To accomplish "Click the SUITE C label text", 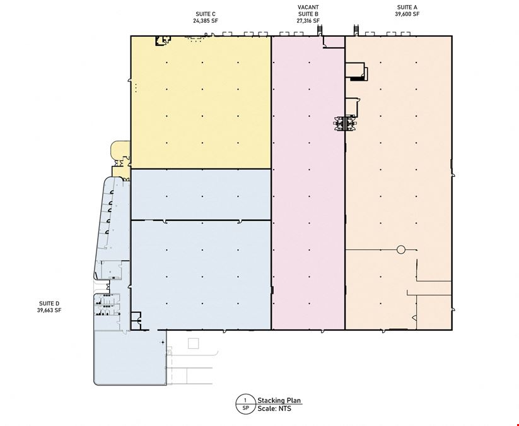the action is point(206,14).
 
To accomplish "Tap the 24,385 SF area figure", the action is point(206,21).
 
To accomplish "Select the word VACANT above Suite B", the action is point(308,8).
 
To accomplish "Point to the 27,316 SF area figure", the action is point(308,21).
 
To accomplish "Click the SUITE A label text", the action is point(407,8).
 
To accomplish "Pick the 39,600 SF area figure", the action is point(407,14).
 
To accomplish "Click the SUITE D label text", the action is point(49,304).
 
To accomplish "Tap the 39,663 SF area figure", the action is point(49,311).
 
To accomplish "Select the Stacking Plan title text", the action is point(279,400).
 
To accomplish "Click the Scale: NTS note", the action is point(274,408).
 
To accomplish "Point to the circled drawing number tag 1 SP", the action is point(245,404).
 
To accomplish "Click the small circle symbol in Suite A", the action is point(401,250).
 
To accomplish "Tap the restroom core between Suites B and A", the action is point(345,123).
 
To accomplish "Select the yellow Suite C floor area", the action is point(201,102).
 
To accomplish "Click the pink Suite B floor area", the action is point(308,186).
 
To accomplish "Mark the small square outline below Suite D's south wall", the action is point(194,343).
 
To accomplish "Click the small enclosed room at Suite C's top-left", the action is point(163,41).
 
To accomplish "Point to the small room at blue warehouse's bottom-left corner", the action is point(136,321).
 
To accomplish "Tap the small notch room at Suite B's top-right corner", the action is point(334,42).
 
